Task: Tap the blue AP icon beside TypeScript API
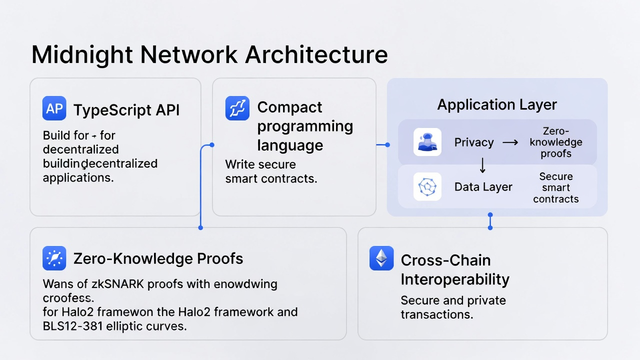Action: [54, 108]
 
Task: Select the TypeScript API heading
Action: [126, 110]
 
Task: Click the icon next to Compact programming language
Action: [237, 108]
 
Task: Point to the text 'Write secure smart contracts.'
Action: [271, 171]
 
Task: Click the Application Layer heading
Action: [497, 105]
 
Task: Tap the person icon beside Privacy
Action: [427, 142]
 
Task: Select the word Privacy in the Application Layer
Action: [474, 142]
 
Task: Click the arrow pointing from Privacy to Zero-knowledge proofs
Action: [510, 142]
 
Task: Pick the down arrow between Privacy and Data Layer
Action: [482, 165]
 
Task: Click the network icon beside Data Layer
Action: [427, 187]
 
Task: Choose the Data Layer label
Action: [483, 187]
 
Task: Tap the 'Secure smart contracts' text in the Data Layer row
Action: [556, 187]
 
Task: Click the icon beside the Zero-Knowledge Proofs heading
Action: [54, 258]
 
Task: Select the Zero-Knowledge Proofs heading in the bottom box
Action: [158, 258]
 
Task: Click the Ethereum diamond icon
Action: [381, 258]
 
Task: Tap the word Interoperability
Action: [455, 279]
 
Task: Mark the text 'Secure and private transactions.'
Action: [453, 307]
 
